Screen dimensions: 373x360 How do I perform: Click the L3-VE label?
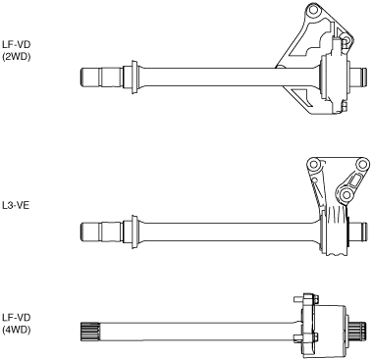click(x=16, y=206)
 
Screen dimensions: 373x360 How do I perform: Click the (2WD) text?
click(x=16, y=57)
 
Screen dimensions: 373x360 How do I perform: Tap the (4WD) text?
click(x=16, y=330)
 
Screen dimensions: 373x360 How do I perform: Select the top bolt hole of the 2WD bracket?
click(x=313, y=10)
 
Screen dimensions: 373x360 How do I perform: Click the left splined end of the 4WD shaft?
click(x=89, y=332)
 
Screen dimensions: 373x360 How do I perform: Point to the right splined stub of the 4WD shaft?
click(x=358, y=332)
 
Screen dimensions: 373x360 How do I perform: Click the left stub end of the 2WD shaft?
click(x=89, y=77)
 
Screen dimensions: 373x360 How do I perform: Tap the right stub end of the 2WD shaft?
click(x=359, y=77)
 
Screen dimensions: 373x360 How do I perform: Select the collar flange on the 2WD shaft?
click(x=133, y=77)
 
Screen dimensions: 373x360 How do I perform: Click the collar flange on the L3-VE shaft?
click(x=133, y=231)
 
